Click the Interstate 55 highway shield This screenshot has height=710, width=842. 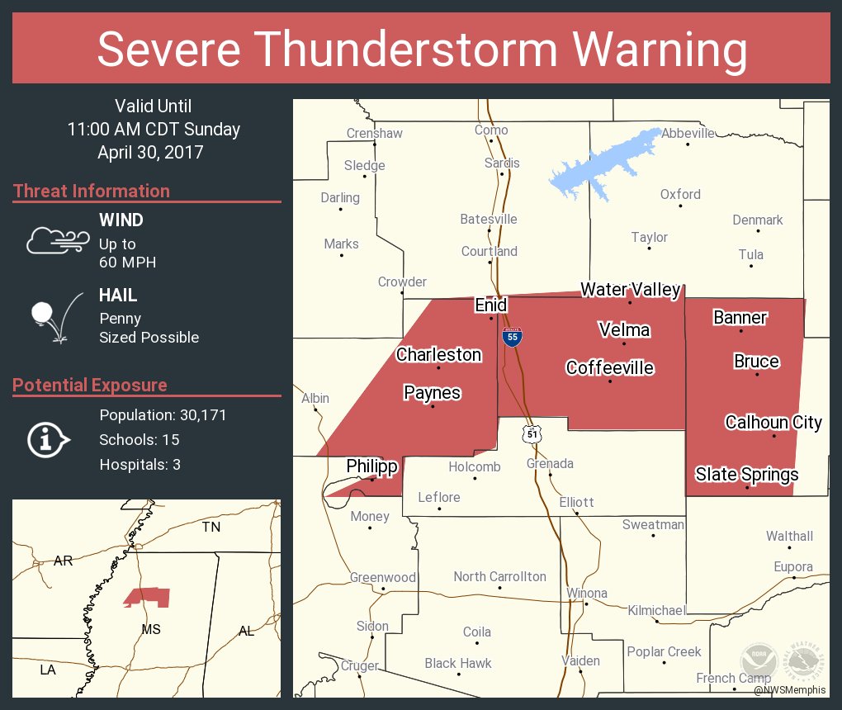pos(513,336)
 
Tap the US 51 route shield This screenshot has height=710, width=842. pos(534,433)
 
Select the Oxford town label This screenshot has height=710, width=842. pos(680,194)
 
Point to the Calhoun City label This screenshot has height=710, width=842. pos(773,422)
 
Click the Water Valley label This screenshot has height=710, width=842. pos(630,289)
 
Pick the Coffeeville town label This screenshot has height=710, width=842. pos(609,367)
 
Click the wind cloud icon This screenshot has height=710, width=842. pos(57,240)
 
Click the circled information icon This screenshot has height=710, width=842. pos(49,439)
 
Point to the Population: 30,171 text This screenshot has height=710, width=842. pos(163,414)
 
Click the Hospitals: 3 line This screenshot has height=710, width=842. pos(140,464)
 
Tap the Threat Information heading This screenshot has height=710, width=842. pos(92,191)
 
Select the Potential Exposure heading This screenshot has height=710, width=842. pos(90,385)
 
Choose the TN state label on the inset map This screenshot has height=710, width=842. pos(211,527)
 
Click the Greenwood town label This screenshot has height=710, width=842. pos(382,577)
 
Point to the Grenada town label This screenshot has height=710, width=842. pos(550,463)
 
